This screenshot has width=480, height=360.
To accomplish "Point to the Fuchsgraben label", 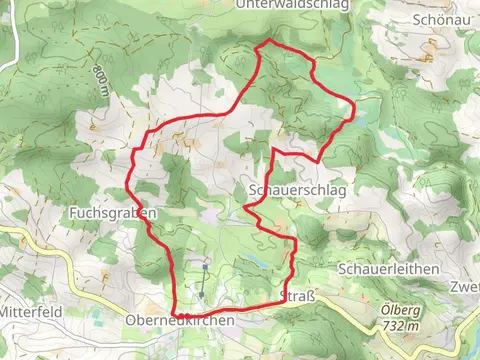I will point(113,213).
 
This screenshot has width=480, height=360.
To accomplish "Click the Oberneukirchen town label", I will point(180,321).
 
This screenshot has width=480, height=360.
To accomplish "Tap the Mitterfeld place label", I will point(30,312).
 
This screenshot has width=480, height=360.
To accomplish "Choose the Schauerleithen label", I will point(389,270).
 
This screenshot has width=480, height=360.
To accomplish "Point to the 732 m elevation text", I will point(399,326).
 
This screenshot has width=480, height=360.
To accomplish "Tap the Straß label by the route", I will point(301,297).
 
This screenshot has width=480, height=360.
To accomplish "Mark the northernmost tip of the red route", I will point(268,40).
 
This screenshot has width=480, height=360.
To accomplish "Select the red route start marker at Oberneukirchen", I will point(186,314).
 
